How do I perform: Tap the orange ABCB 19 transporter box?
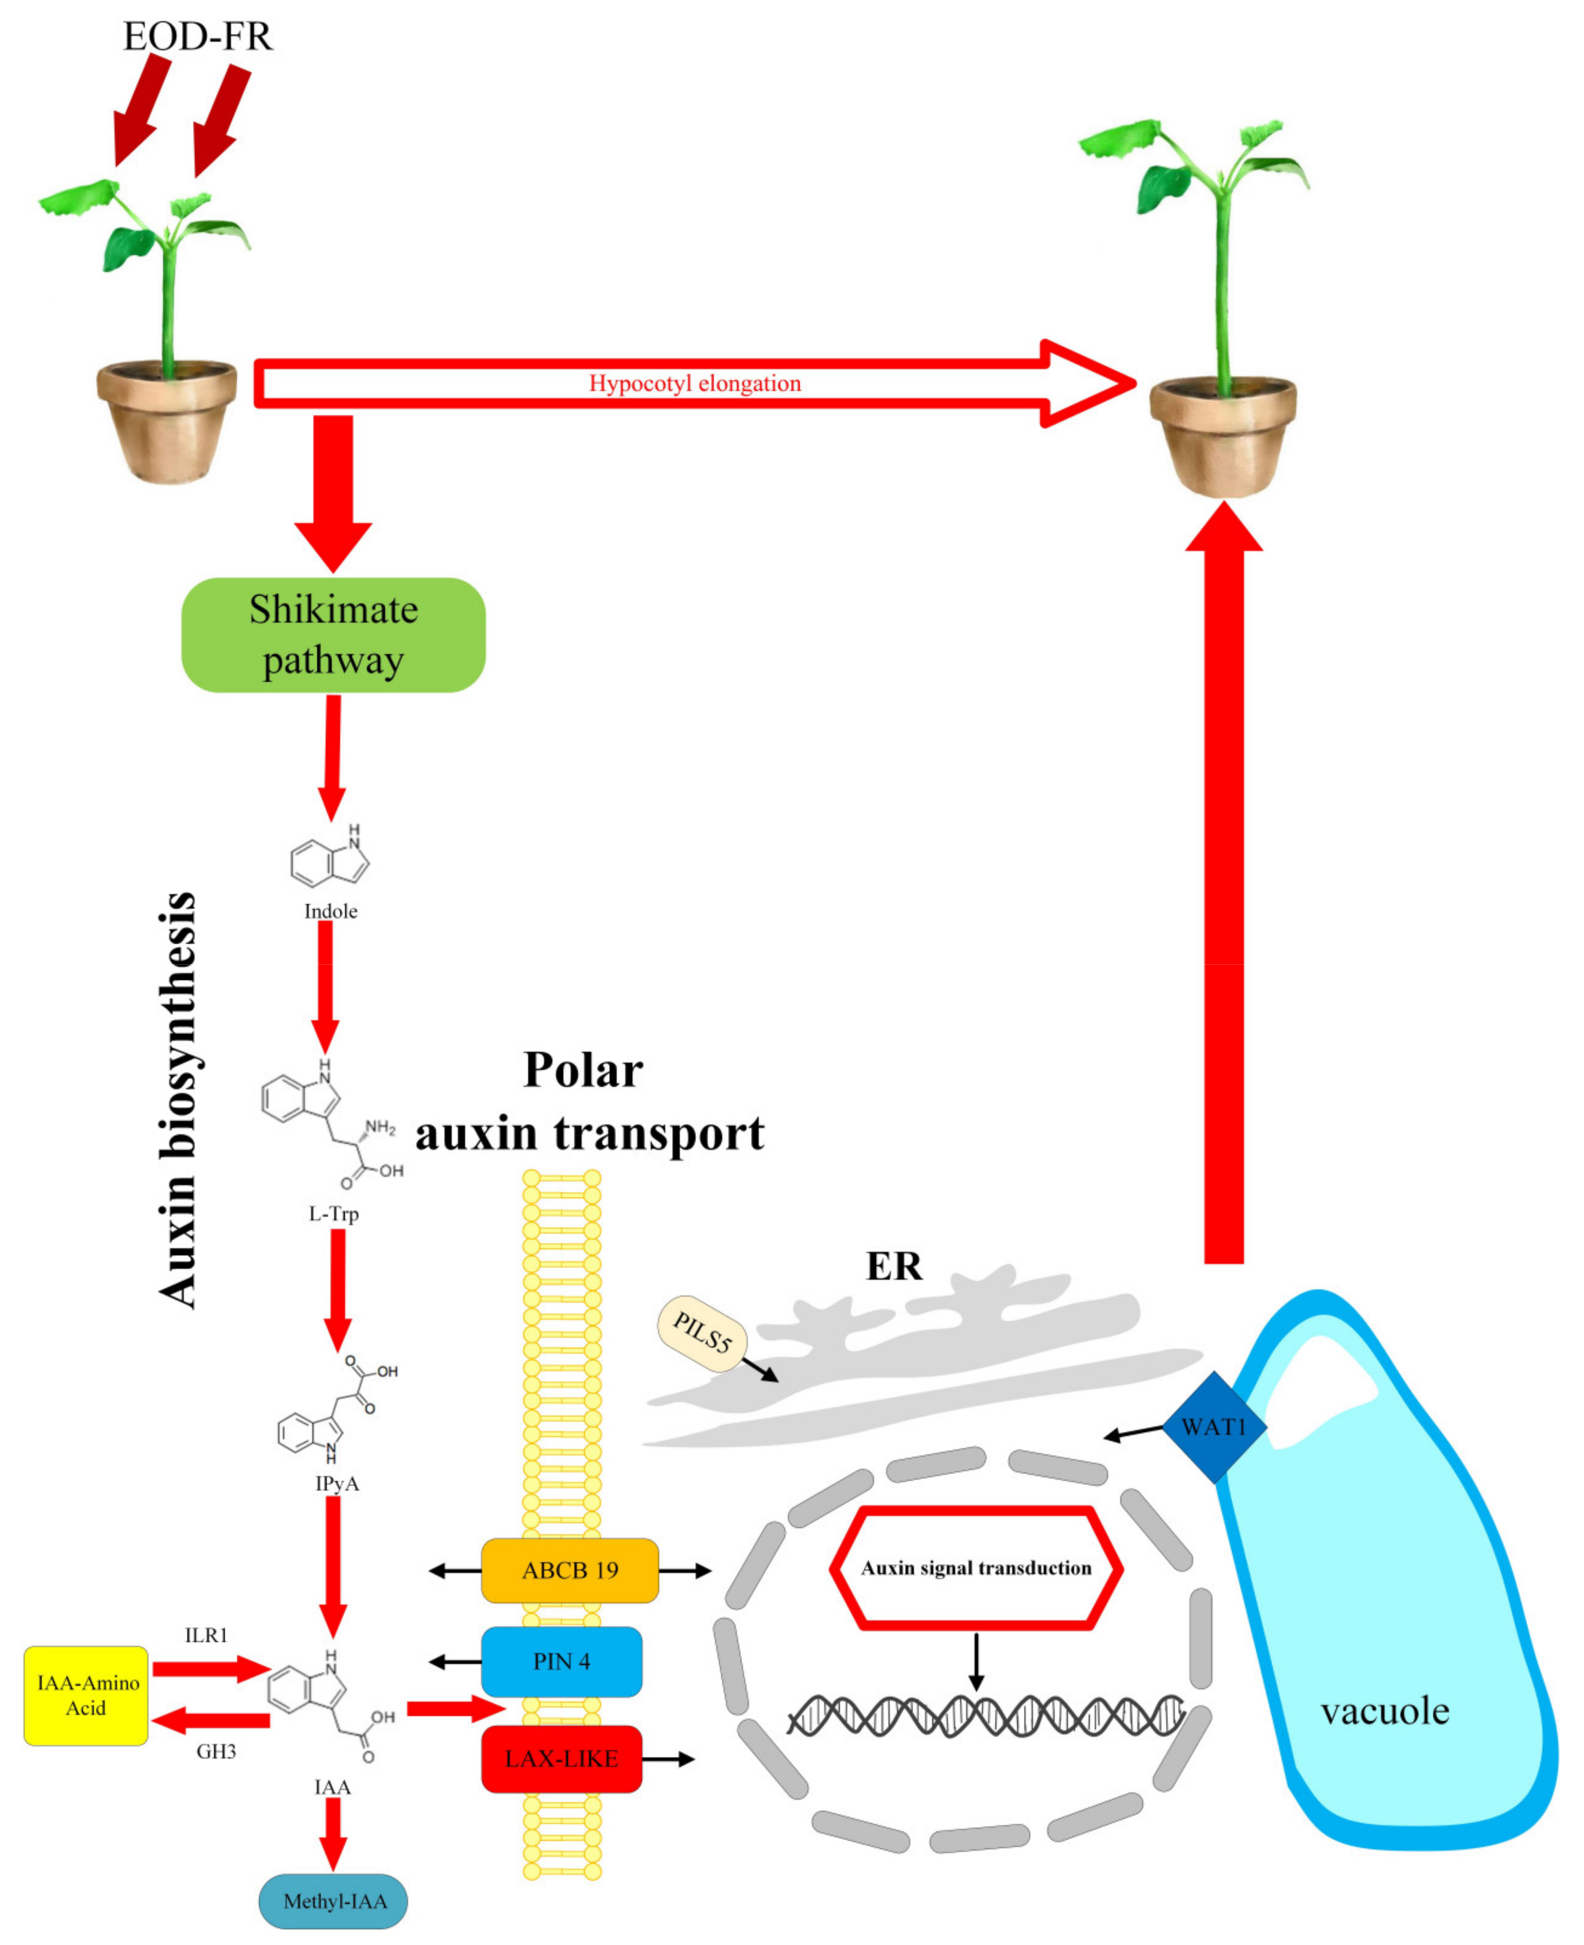[x=569, y=1570]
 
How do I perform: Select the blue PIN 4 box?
[x=561, y=1661]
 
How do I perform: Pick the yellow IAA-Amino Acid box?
[x=86, y=1695]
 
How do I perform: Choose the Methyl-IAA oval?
[x=334, y=1901]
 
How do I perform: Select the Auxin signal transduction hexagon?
[x=975, y=1567]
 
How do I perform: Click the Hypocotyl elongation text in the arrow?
[x=694, y=383]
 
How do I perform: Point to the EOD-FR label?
[x=197, y=36]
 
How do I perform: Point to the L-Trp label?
[x=334, y=1213]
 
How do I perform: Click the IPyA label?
[x=337, y=1484]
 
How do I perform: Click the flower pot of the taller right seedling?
[x=1222, y=438]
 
